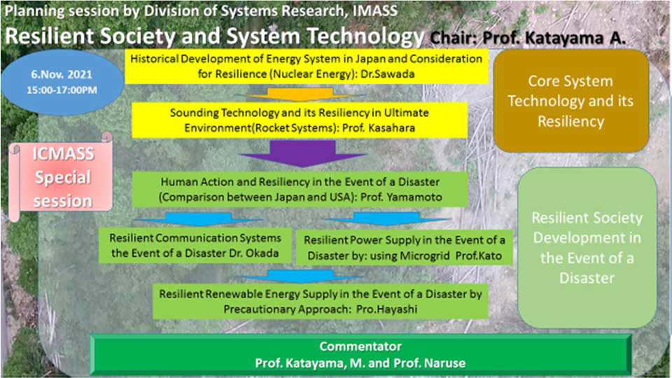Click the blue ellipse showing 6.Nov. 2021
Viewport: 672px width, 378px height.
point(62,82)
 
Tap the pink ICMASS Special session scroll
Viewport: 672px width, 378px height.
point(62,176)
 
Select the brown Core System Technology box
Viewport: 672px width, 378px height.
point(571,101)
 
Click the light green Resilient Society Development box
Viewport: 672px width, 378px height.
point(587,248)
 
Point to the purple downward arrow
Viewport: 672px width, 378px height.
point(303,153)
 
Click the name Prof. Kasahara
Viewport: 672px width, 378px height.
point(379,127)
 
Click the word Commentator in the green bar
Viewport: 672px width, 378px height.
point(360,346)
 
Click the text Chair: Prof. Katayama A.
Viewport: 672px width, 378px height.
point(528,38)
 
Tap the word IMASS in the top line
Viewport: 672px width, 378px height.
point(375,10)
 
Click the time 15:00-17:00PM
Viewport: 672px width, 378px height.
point(62,90)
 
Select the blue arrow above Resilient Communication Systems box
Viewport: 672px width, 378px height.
point(197,219)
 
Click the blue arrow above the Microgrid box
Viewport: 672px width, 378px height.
point(388,218)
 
